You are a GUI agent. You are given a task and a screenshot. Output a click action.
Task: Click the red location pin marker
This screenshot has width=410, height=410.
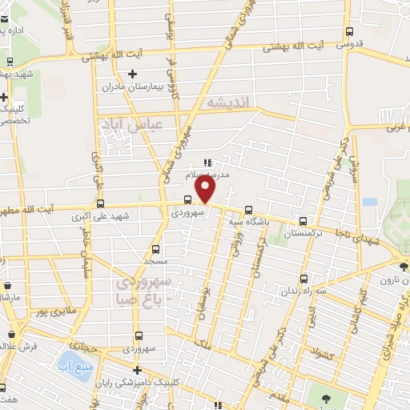pos(206,190)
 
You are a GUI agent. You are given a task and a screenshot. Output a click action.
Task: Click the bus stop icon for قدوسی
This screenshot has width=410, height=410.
pos(348,32)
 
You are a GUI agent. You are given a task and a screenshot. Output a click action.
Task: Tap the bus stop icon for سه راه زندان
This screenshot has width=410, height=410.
pos(303,279)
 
